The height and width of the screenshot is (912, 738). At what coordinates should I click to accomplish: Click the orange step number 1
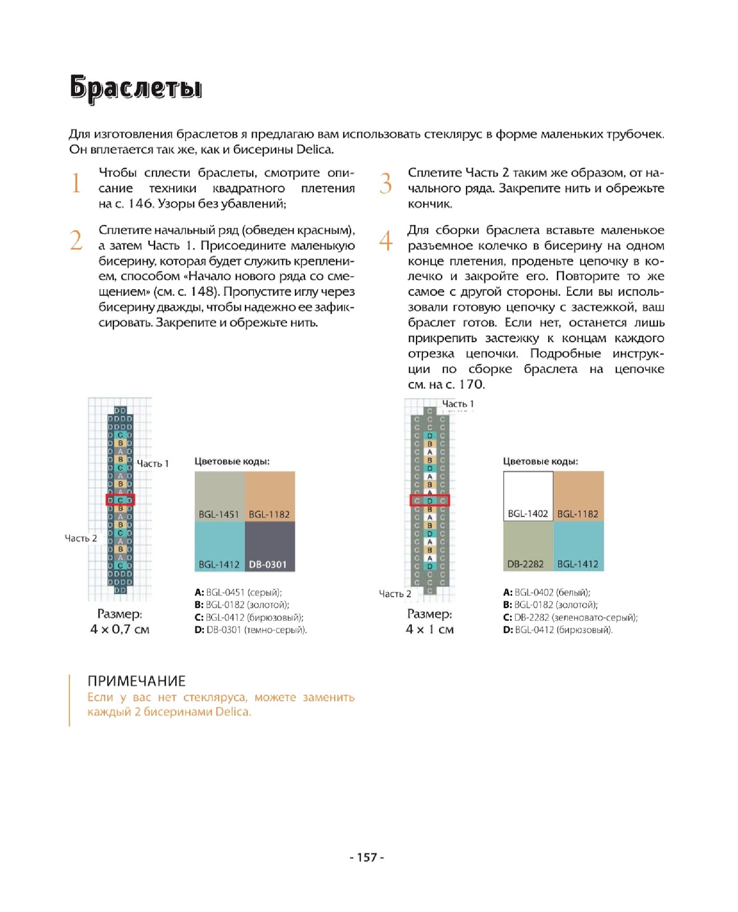[76, 183]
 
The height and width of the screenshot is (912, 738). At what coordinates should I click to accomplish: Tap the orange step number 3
[386, 183]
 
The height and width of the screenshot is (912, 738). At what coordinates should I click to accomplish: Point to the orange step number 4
[386, 240]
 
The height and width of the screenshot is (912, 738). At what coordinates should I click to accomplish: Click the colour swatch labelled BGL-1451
[220, 496]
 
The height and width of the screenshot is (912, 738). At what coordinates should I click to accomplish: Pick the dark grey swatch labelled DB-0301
[270, 547]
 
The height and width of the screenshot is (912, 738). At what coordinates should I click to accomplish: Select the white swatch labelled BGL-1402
[528, 496]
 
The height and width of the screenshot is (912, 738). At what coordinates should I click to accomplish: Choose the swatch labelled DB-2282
[528, 546]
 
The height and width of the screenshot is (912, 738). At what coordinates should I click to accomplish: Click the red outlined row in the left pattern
[120, 500]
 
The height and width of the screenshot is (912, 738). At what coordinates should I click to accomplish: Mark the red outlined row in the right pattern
[430, 500]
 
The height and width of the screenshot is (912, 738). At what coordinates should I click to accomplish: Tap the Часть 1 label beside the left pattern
[153, 464]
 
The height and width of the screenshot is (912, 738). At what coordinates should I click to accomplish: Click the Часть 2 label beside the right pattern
[395, 594]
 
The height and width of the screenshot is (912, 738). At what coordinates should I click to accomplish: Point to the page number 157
[367, 857]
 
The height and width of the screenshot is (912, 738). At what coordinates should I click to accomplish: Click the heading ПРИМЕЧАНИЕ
[137, 681]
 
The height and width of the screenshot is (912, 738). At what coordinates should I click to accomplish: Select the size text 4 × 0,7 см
[120, 629]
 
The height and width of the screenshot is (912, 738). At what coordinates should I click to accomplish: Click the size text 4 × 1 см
[429, 629]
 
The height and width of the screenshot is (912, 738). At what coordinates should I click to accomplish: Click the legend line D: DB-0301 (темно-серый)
[251, 630]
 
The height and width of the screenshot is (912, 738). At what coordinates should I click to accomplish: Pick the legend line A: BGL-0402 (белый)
[547, 593]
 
